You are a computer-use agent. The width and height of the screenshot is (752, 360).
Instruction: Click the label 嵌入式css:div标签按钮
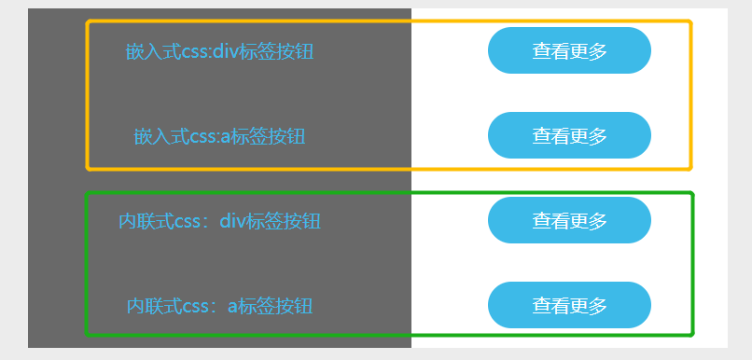point(219,51)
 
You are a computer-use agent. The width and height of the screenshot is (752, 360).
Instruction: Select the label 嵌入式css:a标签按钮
point(219,136)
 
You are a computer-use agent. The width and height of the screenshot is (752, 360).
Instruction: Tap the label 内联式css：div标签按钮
point(219,221)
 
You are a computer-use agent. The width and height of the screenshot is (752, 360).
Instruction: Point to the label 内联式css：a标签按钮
point(219,306)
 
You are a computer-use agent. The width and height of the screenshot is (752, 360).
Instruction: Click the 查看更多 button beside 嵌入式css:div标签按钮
point(569,50)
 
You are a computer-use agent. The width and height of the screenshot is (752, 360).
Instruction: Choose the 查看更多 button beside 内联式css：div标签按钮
point(569,220)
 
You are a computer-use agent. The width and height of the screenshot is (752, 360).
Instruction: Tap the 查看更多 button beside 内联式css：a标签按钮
point(569,305)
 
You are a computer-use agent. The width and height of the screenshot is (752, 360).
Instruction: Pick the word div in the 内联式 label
point(232,220)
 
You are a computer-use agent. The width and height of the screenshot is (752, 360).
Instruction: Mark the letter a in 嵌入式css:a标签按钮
point(226,137)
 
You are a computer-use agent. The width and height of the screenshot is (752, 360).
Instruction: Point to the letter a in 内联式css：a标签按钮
point(232,307)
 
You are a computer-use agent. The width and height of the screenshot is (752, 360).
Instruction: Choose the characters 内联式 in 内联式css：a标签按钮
point(154,306)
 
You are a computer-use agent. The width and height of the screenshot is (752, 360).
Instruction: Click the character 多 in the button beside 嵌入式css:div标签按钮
point(598,50)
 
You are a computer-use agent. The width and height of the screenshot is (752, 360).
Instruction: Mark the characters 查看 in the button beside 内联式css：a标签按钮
point(550,305)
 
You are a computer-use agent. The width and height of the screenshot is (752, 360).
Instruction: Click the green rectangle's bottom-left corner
point(87,334)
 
